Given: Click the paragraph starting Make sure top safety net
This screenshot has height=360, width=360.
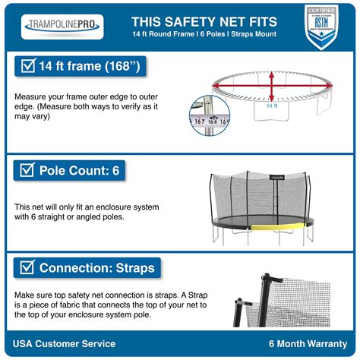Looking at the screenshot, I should click(91, 305).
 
